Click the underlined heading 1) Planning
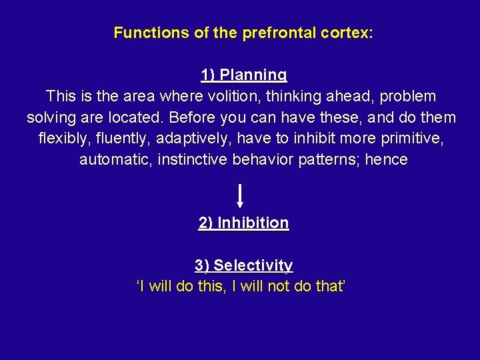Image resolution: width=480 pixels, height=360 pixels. [x=244, y=75]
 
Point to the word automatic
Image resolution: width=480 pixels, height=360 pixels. [x=115, y=160]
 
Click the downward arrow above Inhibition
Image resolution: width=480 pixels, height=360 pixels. [x=240, y=196]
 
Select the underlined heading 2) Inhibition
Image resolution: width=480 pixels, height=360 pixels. [x=244, y=223]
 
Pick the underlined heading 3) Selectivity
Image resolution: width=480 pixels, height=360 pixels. [x=244, y=265]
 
